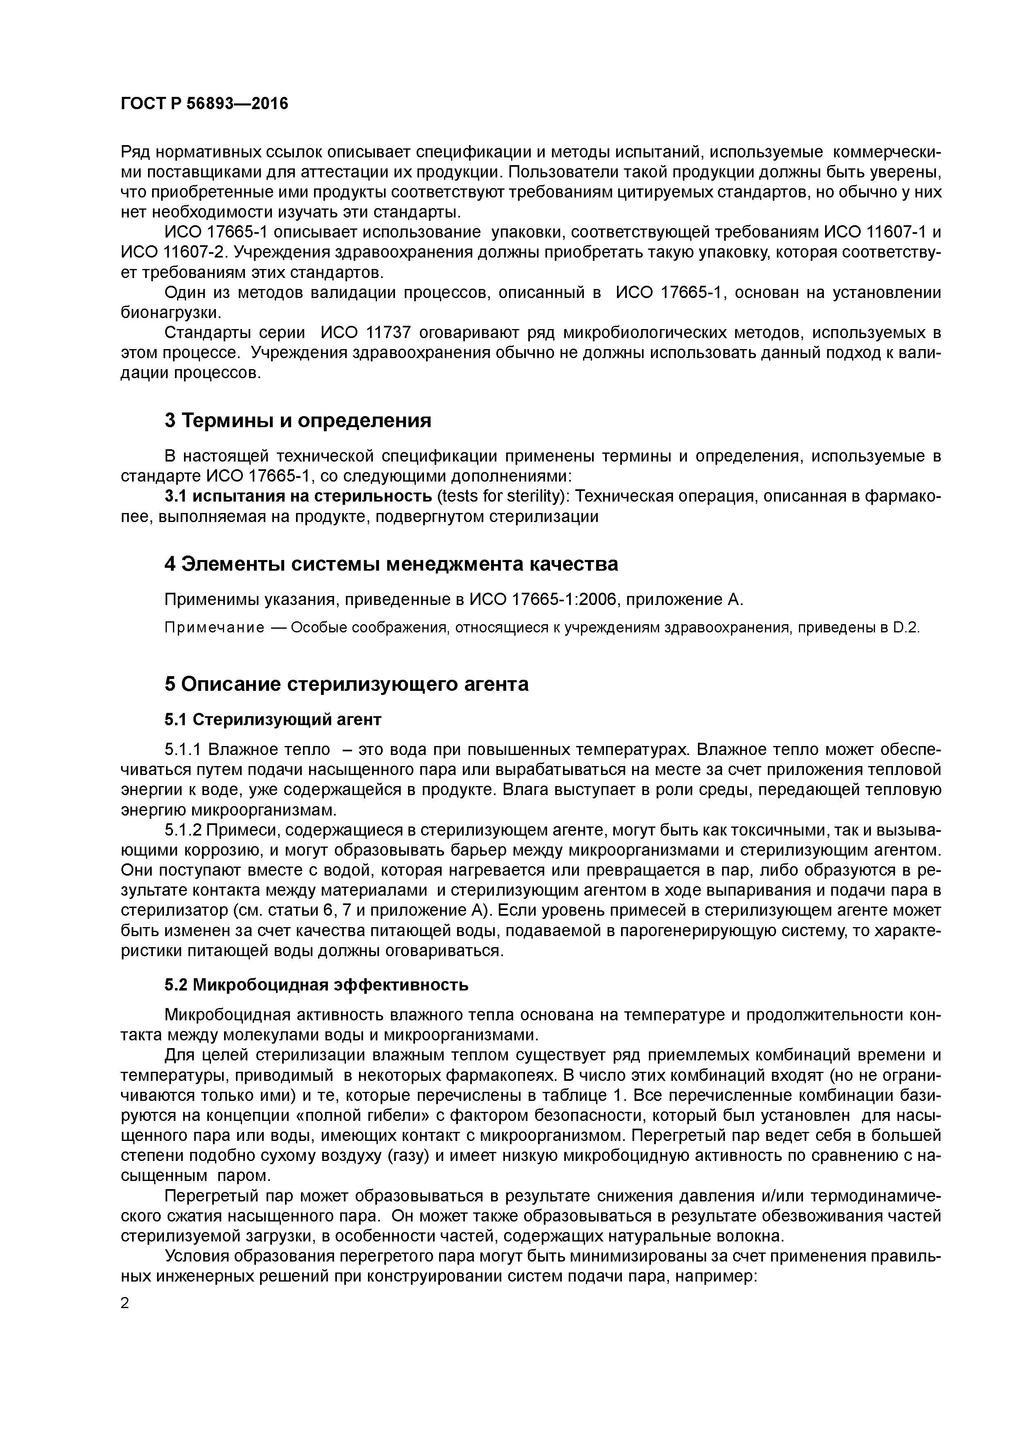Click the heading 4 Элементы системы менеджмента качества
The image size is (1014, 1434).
[391, 564]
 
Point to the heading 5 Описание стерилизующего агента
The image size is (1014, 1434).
[346, 684]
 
